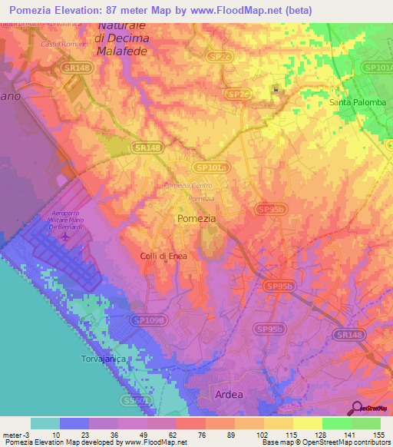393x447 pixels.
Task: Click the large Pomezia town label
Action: point(196,218)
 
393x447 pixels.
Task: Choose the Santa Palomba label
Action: point(355,102)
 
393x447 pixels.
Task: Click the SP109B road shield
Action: point(147,320)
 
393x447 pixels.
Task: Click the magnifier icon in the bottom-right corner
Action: point(357,408)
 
